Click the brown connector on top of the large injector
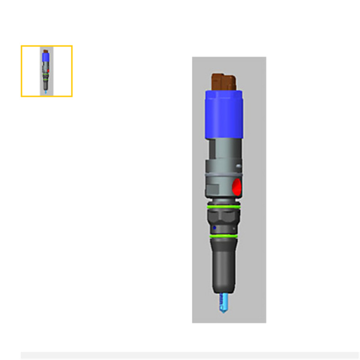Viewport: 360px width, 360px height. pos(224,81)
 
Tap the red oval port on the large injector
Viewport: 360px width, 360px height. pos(237,187)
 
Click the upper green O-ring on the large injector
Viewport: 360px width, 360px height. pos(222,206)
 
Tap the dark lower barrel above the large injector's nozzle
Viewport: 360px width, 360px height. pos(223,266)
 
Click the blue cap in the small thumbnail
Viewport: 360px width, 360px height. pos(46,58)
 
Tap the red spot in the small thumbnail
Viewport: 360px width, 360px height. pos(48,70)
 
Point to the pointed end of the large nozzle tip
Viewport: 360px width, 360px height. pos(222,312)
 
